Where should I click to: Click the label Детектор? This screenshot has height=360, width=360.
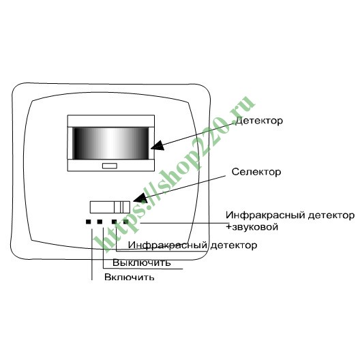259,121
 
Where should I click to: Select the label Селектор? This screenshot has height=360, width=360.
256,172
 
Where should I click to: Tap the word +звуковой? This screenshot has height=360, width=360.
252,227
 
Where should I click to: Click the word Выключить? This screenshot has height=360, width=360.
142,262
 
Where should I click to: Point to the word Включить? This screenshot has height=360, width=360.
130,277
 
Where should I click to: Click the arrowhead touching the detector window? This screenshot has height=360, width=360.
157,145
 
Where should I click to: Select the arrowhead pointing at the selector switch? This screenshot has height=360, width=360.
140,198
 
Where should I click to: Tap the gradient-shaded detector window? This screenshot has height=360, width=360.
110,143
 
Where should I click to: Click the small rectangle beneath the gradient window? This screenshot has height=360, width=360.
110,166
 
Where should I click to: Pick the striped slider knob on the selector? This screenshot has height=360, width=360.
122,207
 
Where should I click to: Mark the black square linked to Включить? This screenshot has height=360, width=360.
89,222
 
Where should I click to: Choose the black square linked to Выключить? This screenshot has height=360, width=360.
100,222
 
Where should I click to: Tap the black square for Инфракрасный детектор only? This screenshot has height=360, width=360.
115,222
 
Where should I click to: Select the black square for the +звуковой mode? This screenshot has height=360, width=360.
125,222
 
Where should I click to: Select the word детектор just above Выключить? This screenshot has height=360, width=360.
233,245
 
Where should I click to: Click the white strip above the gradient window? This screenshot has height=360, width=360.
111,121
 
